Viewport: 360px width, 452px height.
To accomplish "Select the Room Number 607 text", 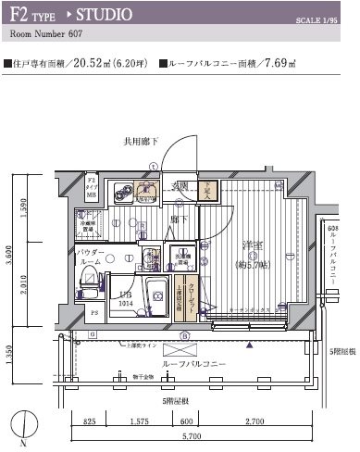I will click(x=45, y=38).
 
